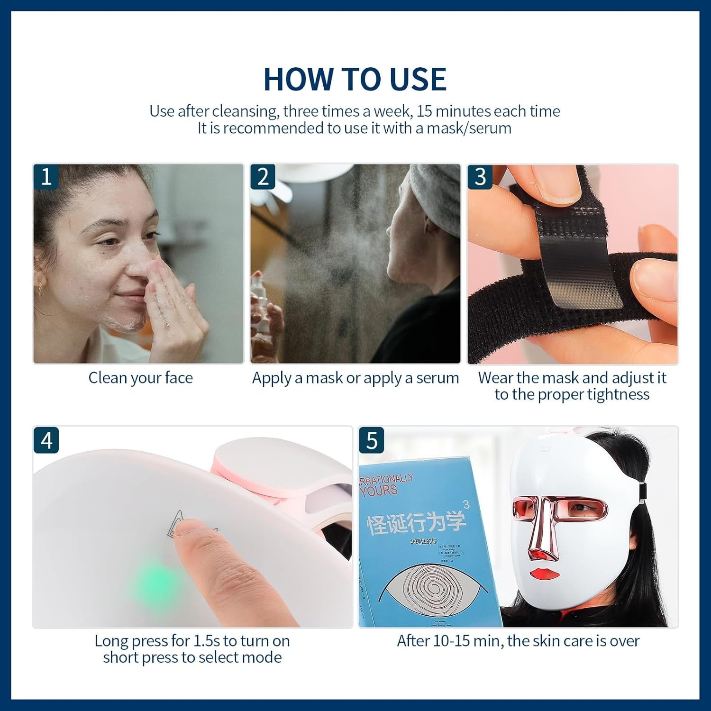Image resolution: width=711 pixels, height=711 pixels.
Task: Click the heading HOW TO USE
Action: (x=355, y=79)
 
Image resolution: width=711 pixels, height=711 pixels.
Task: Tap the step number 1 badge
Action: (x=46, y=177)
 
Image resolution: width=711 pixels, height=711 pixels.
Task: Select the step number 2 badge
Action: (x=263, y=177)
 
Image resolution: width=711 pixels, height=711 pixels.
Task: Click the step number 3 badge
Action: (x=480, y=177)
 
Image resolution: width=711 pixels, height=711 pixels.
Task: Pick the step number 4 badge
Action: (x=46, y=440)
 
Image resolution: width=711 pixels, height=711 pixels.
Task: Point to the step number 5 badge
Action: (x=372, y=440)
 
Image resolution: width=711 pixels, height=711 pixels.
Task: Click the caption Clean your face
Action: (x=140, y=378)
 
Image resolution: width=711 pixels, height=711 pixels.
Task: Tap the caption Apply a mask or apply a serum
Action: (x=355, y=378)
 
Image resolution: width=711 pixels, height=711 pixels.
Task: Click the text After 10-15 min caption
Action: (x=518, y=641)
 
